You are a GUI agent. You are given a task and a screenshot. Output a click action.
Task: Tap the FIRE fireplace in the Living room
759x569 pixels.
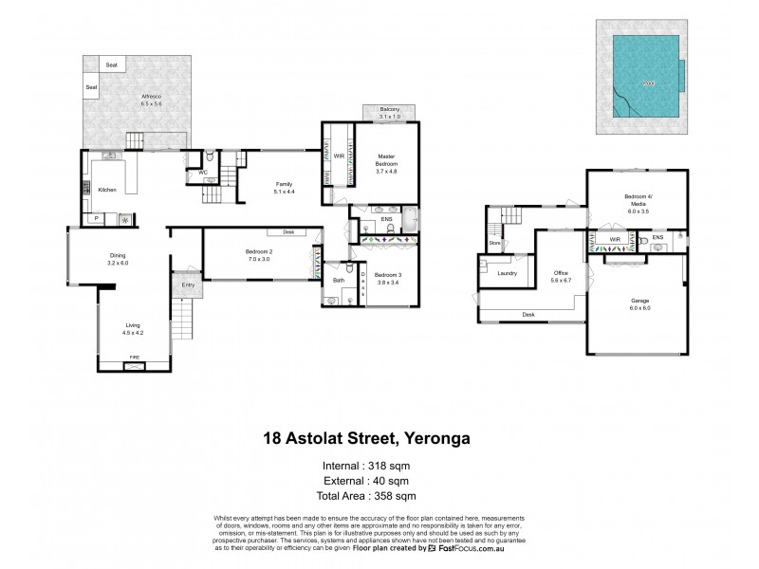click(x=132, y=358)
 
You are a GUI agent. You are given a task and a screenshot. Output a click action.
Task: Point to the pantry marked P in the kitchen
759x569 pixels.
click(x=96, y=218)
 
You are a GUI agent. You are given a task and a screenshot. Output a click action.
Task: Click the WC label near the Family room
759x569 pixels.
click(x=203, y=172)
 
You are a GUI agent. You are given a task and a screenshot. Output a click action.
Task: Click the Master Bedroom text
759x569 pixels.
click(x=386, y=159)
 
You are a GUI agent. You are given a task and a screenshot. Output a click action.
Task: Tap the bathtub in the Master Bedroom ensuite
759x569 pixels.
click(x=409, y=223)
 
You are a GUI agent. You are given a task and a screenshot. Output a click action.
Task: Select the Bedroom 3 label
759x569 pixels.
click(x=386, y=278)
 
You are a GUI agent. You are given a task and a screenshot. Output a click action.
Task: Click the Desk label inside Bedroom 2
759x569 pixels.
click(x=287, y=231)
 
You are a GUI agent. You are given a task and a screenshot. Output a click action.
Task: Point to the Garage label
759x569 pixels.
click(x=641, y=304)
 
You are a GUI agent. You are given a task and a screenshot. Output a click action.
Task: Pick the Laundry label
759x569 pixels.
click(x=507, y=273)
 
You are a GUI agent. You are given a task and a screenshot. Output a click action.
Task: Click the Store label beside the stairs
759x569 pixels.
click(x=494, y=244)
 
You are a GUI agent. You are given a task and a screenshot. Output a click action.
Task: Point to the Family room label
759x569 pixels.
click(x=285, y=187)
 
